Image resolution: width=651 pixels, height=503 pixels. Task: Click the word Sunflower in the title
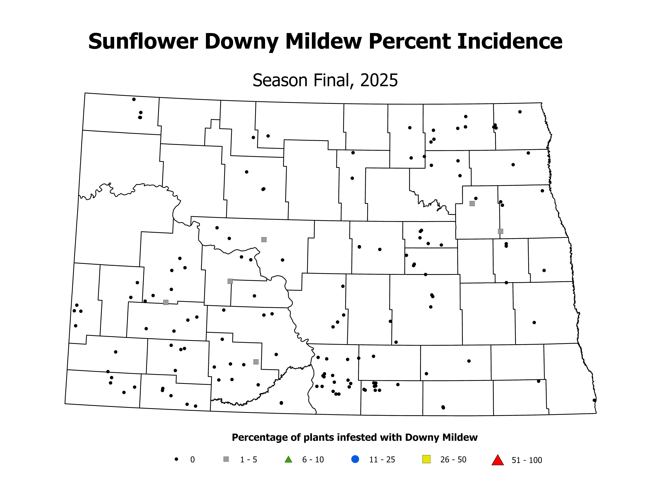coord(143,41)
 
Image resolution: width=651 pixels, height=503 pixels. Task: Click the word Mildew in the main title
coord(323,41)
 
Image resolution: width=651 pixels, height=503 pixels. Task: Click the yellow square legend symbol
coord(427,459)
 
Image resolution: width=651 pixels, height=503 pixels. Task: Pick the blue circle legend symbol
coord(355,459)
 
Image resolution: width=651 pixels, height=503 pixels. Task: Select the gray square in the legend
coord(226,459)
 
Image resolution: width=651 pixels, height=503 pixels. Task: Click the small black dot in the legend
coord(176,459)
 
